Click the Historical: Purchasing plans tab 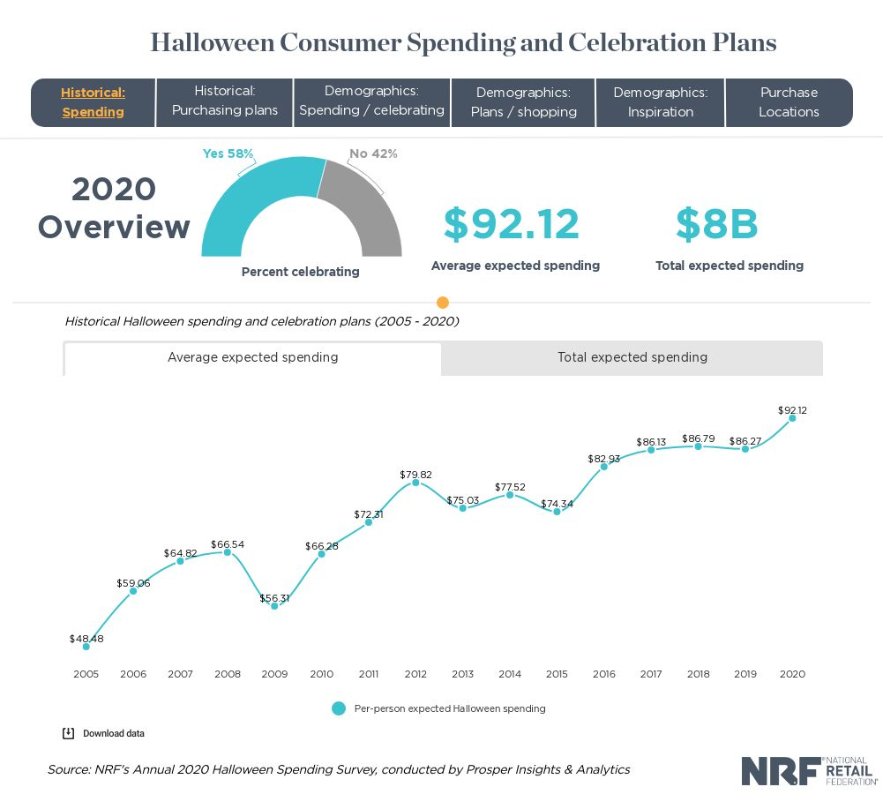pos(224,101)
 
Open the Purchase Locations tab pos(789,101)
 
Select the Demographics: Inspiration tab pos(661,101)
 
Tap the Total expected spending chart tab pos(632,357)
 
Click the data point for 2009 pos(274,606)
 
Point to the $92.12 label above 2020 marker pos(792,410)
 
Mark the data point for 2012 pos(415,483)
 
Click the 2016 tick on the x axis pos(603,674)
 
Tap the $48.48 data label pos(86,639)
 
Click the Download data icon pos(68,733)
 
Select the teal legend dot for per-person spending pos(339,708)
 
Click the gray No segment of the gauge pos(362,212)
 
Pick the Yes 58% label pos(228,154)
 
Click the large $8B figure pos(716,224)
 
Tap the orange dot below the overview pos(443,303)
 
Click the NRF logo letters pos(779,770)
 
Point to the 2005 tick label pos(86,674)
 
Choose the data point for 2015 pos(557,512)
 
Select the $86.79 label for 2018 pos(698,438)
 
